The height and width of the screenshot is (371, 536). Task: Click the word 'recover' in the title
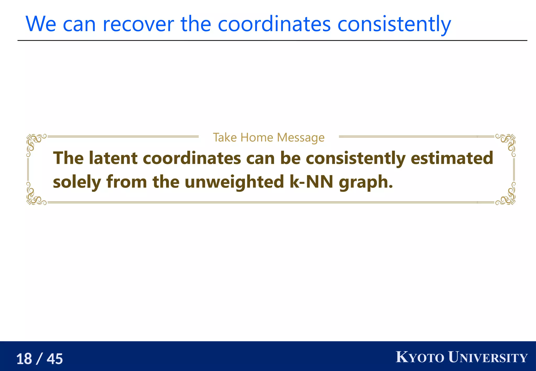click(x=138, y=24)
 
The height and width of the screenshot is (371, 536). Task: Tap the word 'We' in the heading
click(x=41, y=24)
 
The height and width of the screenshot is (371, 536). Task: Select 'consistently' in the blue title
click(x=394, y=24)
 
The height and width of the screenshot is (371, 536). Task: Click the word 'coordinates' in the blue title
click(x=274, y=24)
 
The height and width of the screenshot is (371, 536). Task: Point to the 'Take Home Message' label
click(x=269, y=137)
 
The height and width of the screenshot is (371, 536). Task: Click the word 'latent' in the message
click(x=113, y=158)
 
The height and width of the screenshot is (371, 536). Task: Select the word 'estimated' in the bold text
click(x=452, y=158)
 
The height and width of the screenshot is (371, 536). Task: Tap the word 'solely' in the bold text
click(x=77, y=182)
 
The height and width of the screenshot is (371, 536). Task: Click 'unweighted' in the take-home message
click(x=234, y=182)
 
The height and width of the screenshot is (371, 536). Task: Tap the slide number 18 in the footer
click(x=24, y=359)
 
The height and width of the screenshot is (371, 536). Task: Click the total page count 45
click(x=55, y=359)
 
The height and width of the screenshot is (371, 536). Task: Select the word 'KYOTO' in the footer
click(x=420, y=357)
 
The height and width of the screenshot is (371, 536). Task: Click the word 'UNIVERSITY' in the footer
click(x=488, y=357)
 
